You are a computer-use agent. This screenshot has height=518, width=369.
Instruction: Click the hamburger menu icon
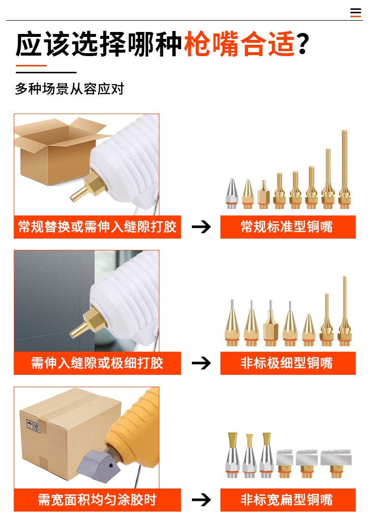[355, 12]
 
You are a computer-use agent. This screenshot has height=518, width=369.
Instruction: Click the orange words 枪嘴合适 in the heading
[239, 44]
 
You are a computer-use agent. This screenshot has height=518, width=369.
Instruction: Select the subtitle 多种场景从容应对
[69, 89]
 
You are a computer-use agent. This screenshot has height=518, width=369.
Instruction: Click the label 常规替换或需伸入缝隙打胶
[97, 227]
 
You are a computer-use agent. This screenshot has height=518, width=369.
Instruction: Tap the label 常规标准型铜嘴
[287, 227]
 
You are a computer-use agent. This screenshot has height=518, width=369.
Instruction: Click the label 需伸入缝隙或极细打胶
[97, 363]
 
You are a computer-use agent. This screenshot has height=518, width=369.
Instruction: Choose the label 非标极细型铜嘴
[287, 363]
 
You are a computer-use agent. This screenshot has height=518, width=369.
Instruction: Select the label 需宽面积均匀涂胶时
[97, 499]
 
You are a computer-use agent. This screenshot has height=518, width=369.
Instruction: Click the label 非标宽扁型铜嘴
[287, 499]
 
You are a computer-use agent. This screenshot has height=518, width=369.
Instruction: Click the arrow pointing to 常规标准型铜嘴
[201, 227]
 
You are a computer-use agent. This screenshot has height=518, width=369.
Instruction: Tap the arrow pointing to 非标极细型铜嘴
[201, 363]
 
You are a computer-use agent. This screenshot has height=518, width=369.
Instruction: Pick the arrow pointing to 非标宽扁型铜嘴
[201, 499]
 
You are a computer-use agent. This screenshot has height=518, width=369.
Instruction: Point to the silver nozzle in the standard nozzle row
[232, 194]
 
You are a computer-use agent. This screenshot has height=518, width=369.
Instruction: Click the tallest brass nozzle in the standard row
[344, 170]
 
